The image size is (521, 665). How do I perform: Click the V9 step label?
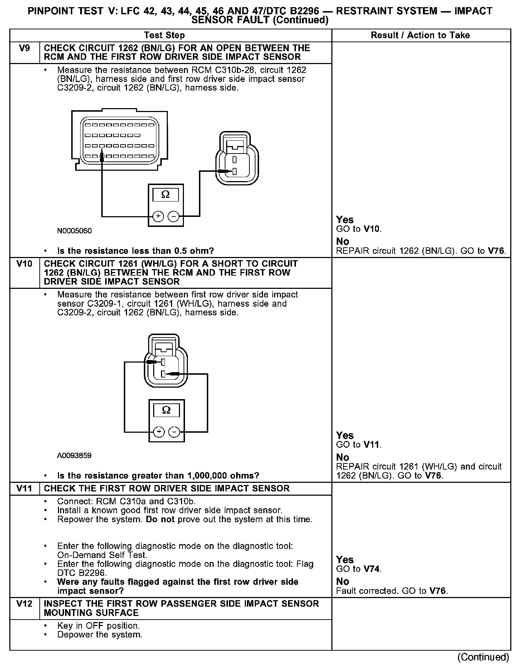[24, 48]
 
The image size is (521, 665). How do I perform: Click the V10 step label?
[24, 264]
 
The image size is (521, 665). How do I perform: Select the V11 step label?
[24, 489]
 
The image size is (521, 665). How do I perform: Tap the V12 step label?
[24, 604]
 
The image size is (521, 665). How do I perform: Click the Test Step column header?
[164, 35]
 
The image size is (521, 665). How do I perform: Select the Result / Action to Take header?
[420, 35]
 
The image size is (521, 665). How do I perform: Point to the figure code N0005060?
[74, 231]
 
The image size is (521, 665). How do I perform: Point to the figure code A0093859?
[74, 456]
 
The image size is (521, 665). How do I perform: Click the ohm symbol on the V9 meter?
[166, 194]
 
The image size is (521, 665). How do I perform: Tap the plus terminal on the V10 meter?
[159, 432]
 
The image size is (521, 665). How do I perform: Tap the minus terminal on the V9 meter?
[174, 216]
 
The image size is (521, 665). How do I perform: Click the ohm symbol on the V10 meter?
[166, 410]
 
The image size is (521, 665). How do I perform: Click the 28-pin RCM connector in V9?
[119, 141]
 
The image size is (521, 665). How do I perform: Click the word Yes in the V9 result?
[345, 220]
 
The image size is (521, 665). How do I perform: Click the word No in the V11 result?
[342, 581]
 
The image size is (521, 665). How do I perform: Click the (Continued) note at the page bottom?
[483, 657]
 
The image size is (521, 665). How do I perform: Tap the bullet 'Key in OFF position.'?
[98, 626]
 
